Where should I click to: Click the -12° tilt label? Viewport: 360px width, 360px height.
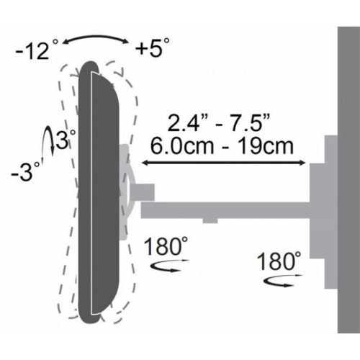pos(35,52)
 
